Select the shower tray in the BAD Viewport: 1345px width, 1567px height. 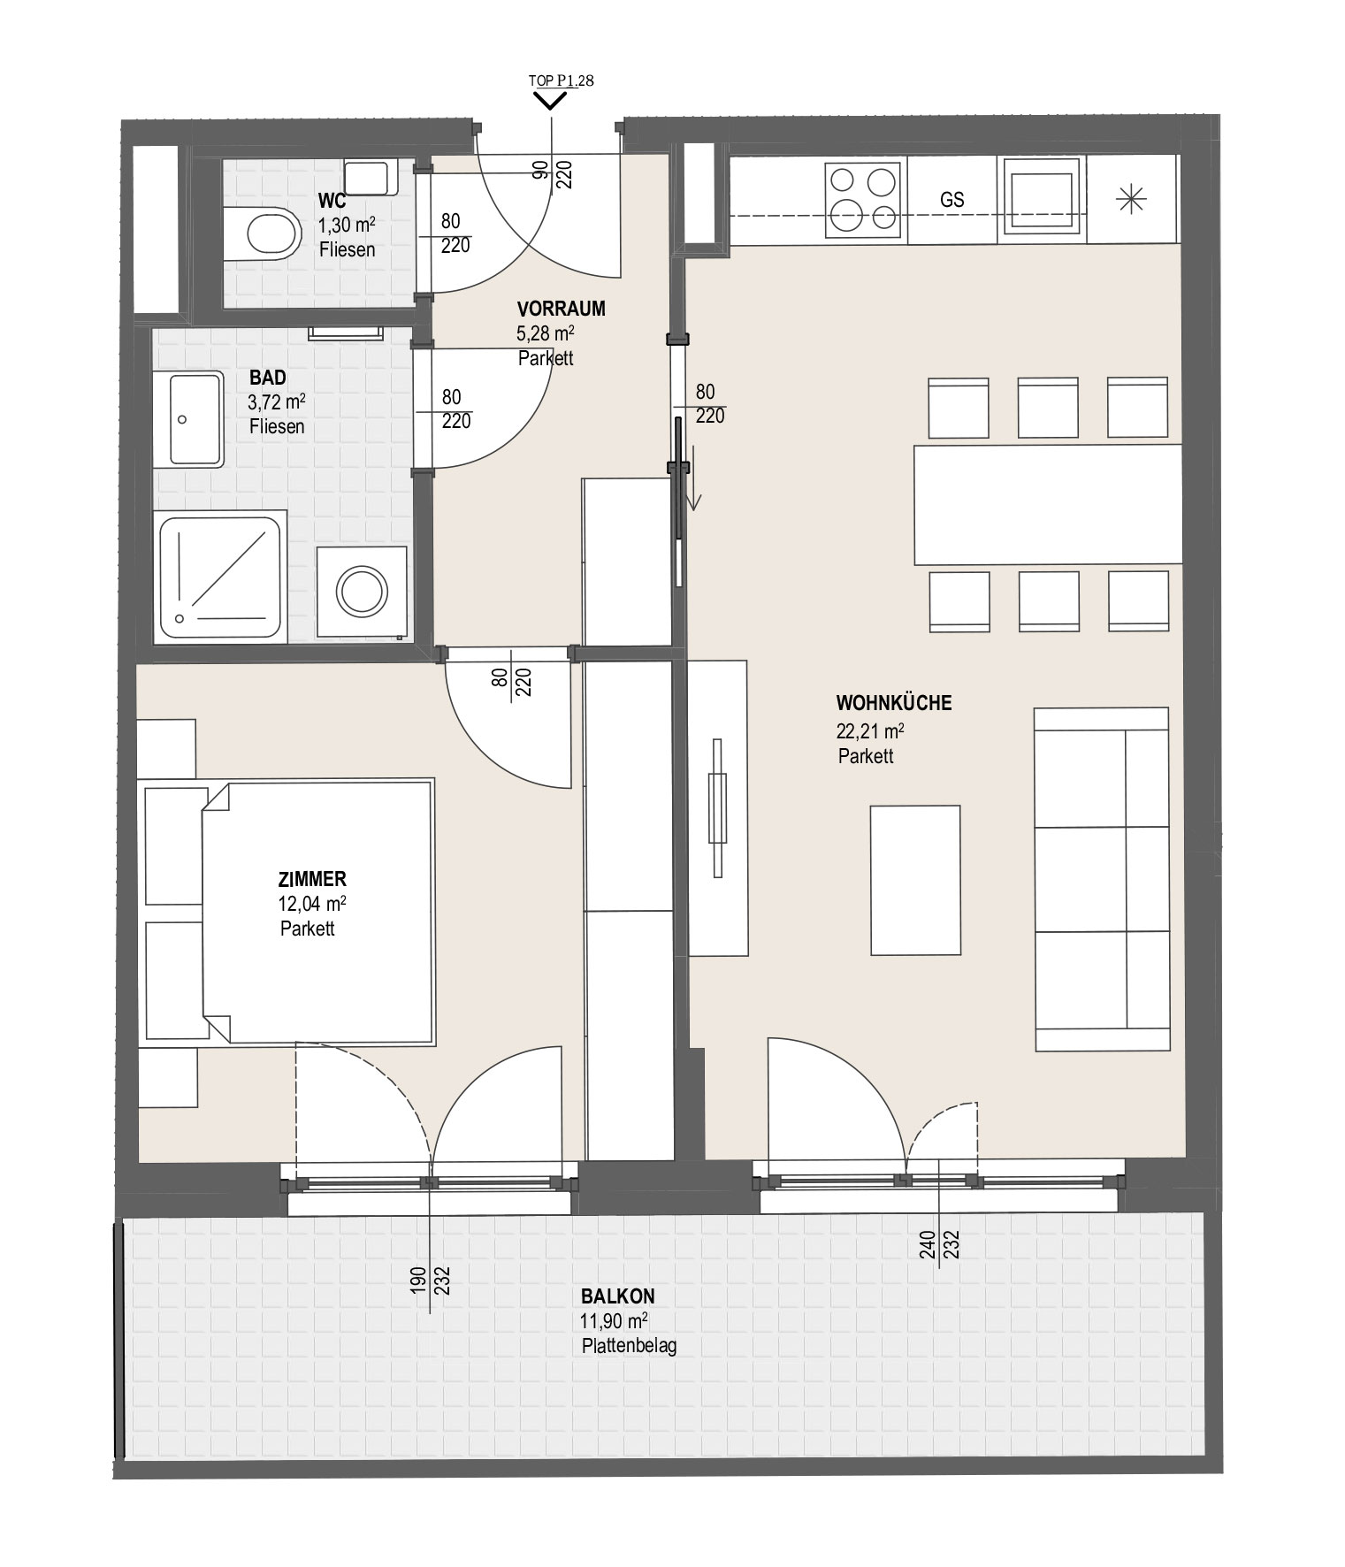pyautogui.click(x=221, y=576)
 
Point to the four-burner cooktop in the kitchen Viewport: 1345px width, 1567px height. pyautogui.click(x=865, y=198)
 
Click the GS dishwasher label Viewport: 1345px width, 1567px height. pyautogui.click(x=952, y=200)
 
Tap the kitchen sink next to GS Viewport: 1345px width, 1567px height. pyautogui.click(x=1042, y=199)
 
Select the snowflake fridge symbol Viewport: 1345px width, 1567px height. pyautogui.click(x=1132, y=200)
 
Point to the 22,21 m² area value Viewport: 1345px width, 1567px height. pyautogui.click(x=870, y=731)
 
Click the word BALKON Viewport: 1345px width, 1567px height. pyautogui.click(x=618, y=1296)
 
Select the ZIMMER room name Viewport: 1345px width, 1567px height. pyautogui.click(x=312, y=879)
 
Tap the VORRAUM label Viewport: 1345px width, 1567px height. pyautogui.click(x=562, y=309)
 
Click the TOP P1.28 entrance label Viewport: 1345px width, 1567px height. pyautogui.click(x=562, y=80)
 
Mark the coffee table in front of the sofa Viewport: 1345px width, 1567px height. pyautogui.click(x=915, y=880)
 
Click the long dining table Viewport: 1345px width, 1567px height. pyautogui.click(x=1048, y=504)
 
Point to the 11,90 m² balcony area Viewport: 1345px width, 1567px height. pyautogui.click(x=615, y=1321)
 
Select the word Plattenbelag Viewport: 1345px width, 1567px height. pyautogui.click(x=630, y=1347)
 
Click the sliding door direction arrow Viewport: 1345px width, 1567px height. pyautogui.click(x=694, y=478)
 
